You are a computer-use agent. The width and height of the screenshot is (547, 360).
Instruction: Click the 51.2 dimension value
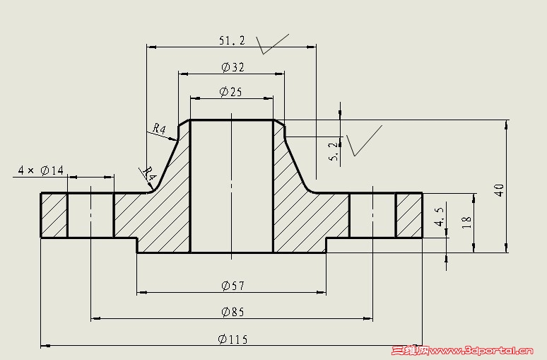232,40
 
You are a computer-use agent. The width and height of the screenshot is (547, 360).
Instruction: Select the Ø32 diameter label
233,66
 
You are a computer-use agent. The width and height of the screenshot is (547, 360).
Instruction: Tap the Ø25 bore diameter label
230,92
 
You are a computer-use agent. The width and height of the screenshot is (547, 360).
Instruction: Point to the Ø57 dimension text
233,286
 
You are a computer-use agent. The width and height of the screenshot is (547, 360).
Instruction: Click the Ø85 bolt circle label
233,311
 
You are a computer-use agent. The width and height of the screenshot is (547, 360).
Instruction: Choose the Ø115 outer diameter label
233,339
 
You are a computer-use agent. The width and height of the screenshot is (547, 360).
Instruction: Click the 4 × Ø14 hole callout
41,170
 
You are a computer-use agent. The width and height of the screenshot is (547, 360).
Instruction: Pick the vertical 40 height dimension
500,190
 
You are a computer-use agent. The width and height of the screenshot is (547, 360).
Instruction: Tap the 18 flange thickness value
466,222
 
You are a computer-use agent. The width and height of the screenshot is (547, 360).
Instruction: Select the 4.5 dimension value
440,216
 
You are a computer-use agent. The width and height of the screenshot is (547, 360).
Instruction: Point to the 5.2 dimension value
334,151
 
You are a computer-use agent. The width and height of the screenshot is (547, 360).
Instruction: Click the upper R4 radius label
160,129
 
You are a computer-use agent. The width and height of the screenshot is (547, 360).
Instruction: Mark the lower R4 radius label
148,173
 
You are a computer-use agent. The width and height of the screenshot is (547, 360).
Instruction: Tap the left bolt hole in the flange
90,215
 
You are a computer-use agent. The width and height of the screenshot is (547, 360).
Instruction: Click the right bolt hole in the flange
372,215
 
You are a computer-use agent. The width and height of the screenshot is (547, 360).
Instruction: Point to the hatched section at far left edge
54,215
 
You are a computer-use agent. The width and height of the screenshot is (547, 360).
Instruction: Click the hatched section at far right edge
409,215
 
